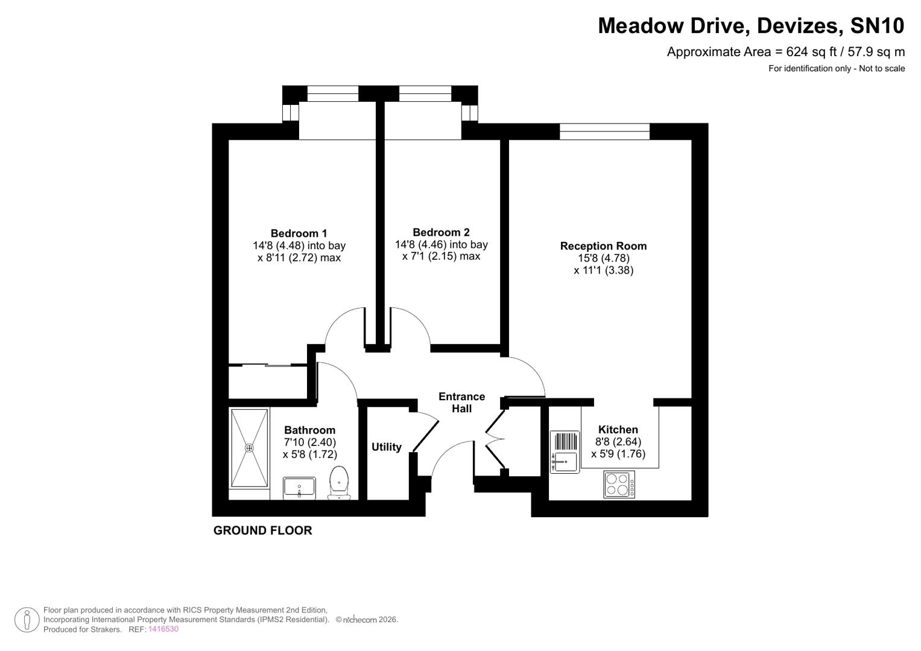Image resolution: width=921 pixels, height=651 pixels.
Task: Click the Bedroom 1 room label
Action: (x=299, y=233)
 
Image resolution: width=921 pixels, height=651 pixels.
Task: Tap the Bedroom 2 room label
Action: (x=441, y=232)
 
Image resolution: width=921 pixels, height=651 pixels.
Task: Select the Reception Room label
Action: (x=603, y=246)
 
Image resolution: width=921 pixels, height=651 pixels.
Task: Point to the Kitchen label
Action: (x=618, y=430)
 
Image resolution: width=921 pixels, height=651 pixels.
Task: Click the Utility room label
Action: (x=386, y=447)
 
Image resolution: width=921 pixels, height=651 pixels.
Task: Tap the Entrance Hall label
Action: (x=461, y=402)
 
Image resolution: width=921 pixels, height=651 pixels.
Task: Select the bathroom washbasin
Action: (x=299, y=487)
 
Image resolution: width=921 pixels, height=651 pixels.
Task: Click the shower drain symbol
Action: (x=249, y=448)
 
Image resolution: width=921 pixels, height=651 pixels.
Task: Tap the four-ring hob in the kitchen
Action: (x=619, y=485)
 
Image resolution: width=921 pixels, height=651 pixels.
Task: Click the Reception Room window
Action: (x=604, y=131)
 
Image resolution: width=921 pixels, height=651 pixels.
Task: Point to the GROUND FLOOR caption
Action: (x=262, y=530)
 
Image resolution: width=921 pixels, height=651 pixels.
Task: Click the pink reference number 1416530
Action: (x=163, y=629)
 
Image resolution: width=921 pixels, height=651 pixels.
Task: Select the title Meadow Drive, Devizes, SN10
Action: (x=751, y=26)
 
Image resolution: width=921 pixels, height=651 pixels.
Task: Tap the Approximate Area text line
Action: (x=785, y=52)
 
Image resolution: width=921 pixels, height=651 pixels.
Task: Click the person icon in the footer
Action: (x=27, y=619)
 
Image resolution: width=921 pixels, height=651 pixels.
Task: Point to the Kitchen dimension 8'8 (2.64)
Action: (x=618, y=442)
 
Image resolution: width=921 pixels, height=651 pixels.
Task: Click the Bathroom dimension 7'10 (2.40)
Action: (x=309, y=442)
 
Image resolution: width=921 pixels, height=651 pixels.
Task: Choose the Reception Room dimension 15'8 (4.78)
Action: (x=603, y=258)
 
